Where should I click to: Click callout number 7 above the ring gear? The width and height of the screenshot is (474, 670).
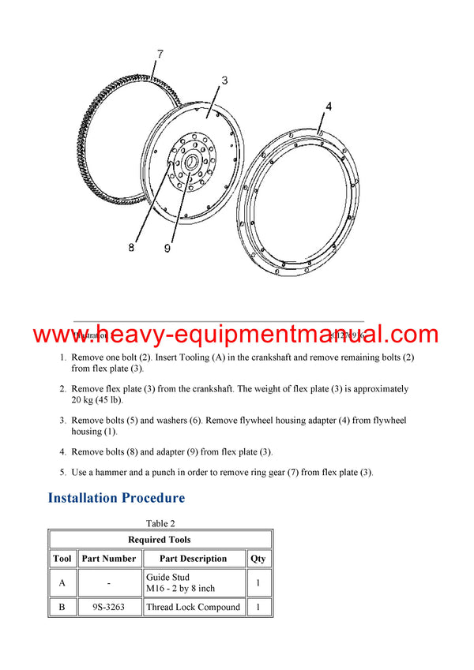coord(160,54)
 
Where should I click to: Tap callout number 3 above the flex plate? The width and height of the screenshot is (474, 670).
coord(224,80)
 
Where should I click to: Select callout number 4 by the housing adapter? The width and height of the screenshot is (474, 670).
coord(328,106)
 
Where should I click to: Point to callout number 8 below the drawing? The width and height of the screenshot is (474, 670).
coord(131,247)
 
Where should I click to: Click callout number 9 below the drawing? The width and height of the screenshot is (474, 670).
coord(167,248)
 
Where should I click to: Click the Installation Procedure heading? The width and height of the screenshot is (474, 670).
coord(116,498)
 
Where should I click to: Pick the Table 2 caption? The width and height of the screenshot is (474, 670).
coord(160,523)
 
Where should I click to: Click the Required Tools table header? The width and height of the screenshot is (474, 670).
coord(160,540)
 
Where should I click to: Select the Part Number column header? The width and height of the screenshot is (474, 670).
coord(108,559)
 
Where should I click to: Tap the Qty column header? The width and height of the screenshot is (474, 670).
coord(258,559)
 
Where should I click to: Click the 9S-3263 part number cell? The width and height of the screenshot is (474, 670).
coord(108,608)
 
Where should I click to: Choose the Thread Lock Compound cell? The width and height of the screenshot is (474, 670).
coord(193,608)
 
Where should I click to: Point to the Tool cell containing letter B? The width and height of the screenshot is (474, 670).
coord(62,608)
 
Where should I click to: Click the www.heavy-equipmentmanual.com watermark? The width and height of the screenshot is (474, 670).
coord(236,335)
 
